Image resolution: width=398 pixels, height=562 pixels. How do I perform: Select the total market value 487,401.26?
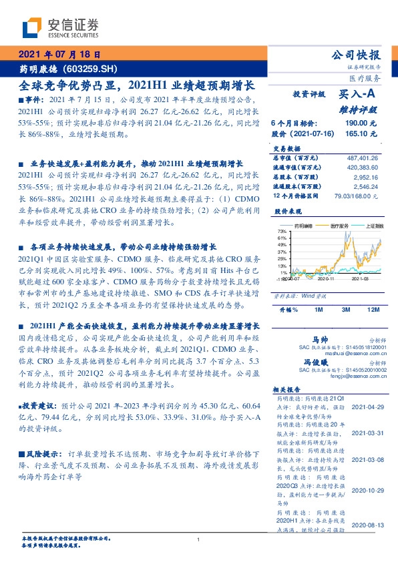click(361, 156)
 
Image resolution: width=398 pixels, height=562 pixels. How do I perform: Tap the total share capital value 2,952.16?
click(365, 179)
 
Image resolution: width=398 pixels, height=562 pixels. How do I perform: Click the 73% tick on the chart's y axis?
click(282, 230)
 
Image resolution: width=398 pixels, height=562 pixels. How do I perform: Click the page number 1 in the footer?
click(199, 539)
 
